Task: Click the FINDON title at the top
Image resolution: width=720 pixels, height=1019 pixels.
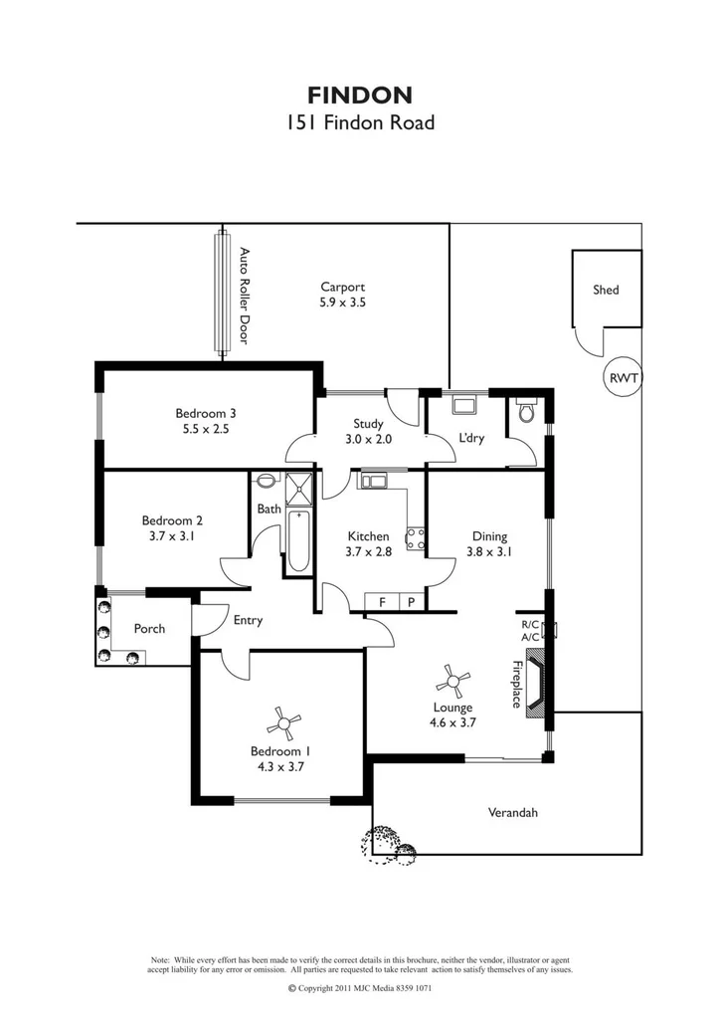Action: [359, 96]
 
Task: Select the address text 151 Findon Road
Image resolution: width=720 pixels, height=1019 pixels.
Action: [359, 124]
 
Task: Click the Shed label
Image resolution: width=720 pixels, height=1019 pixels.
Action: [606, 290]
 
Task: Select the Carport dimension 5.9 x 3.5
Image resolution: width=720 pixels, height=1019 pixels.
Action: [342, 303]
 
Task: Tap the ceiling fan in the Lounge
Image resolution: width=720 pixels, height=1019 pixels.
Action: [453, 682]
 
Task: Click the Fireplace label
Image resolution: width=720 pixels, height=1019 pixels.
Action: [517, 685]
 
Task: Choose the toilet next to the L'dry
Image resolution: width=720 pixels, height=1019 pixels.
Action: [527, 411]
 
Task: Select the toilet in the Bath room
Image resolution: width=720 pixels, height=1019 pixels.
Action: [266, 482]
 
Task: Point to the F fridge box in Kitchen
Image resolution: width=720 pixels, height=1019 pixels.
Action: [382, 602]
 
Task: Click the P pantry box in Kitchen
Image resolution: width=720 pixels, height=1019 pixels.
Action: [411, 602]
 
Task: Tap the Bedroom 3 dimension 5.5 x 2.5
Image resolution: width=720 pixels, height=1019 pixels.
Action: [206, 430]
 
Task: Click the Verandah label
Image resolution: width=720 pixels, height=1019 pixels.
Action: [512, 813]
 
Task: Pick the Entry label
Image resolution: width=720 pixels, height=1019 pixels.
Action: [248, 620]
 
